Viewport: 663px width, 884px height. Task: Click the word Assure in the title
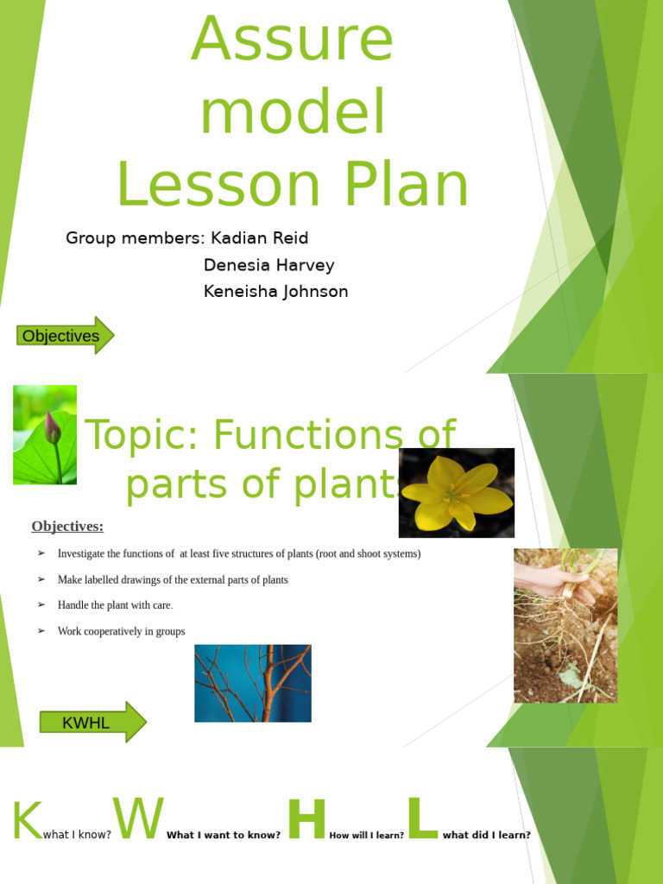pos(292,41)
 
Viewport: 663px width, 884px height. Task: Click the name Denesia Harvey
pos(268,265)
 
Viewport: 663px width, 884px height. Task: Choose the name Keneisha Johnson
pos(275,292)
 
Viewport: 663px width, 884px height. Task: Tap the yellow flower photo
pos(456,492)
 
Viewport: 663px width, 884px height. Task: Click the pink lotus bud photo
pos(45,434)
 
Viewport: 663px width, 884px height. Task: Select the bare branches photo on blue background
pos(252,683)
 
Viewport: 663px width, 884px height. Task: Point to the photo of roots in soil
pos(565,625)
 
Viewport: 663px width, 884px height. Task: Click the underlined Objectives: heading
pos(67,527)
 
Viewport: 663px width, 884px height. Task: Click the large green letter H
pos(306,820)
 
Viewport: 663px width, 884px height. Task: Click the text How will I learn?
pos(366,836)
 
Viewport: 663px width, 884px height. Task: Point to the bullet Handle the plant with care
pos(115,605)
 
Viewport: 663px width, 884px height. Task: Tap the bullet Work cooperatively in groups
pos(121,632)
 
